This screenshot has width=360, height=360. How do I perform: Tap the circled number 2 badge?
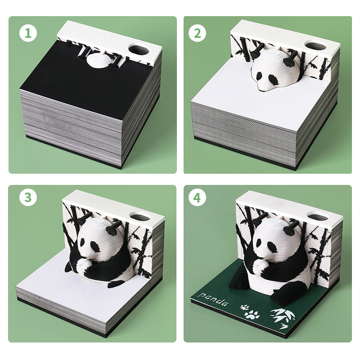tap(197, 34)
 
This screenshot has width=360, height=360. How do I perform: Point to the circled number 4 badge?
tap(197, 197)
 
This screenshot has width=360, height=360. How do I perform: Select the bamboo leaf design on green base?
tap(281, 317)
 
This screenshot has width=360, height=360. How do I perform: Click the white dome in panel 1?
tap(98, 60)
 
